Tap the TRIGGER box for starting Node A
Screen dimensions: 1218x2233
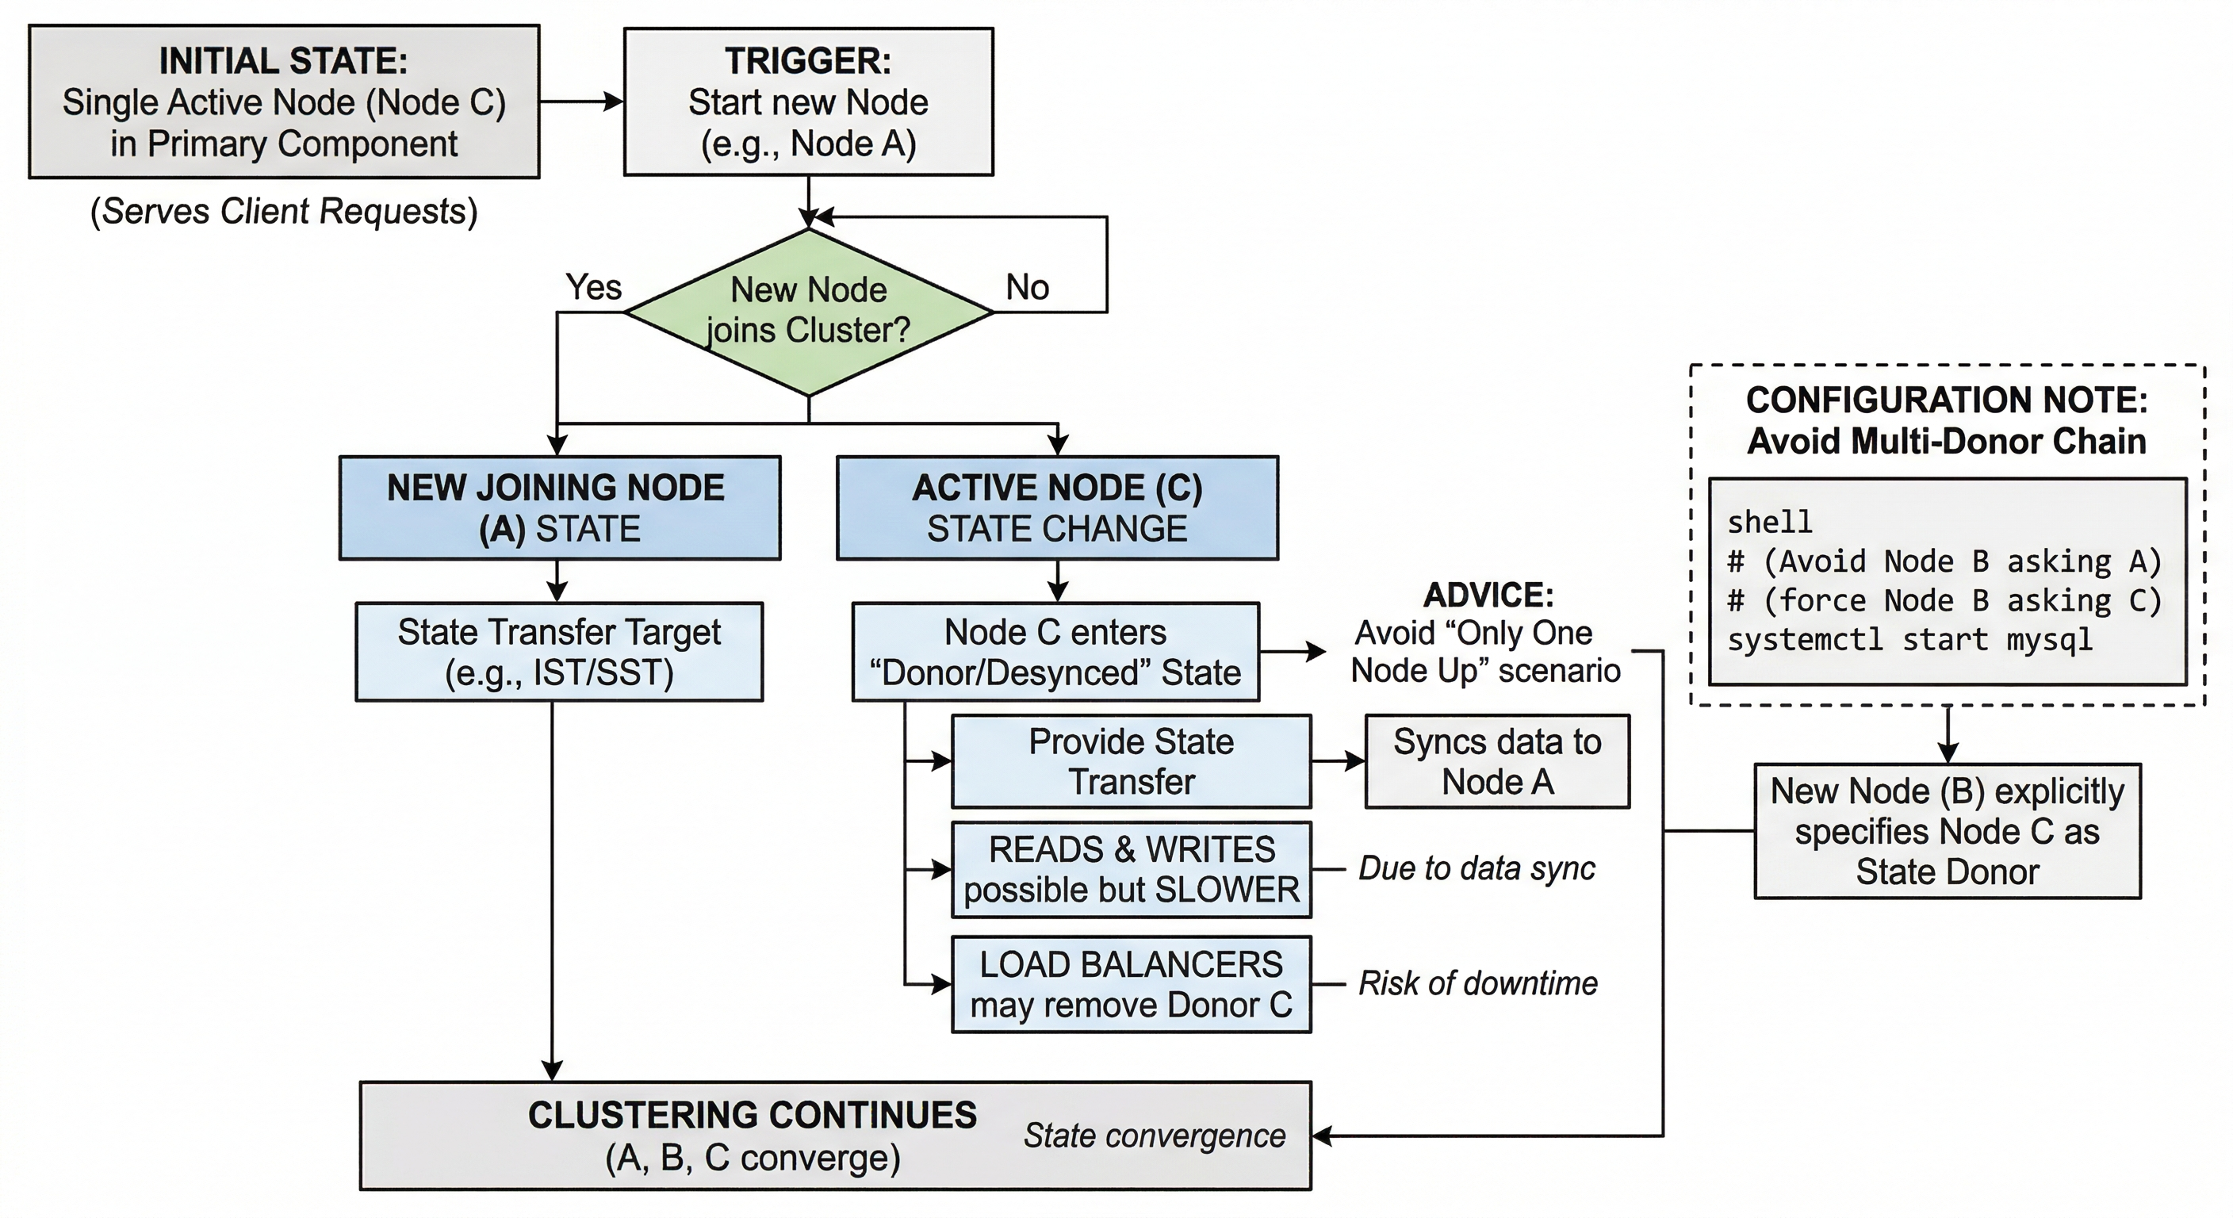coord(808,101)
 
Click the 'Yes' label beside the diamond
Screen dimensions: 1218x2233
coord(593,287)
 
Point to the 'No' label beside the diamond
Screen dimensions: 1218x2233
coord(1027,287)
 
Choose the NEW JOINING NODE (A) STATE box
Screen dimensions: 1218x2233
coord(559,508)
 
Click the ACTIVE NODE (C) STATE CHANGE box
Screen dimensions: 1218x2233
coord(1057,508)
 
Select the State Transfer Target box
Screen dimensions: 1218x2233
coord(559,652)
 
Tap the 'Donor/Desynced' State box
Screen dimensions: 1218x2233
coord(1055,652)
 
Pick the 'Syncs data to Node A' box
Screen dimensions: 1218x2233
coord(1497,761)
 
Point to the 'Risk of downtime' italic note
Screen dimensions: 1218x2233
coord(1477,983)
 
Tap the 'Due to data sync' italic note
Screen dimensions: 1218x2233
coord(1477,868)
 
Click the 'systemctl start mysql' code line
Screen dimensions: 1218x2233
coord(1909,640)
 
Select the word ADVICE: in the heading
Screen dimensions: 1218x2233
coord(1488,595)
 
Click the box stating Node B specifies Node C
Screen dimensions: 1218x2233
coord(1947,830)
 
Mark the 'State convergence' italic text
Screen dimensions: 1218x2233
coord(1154,1135)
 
